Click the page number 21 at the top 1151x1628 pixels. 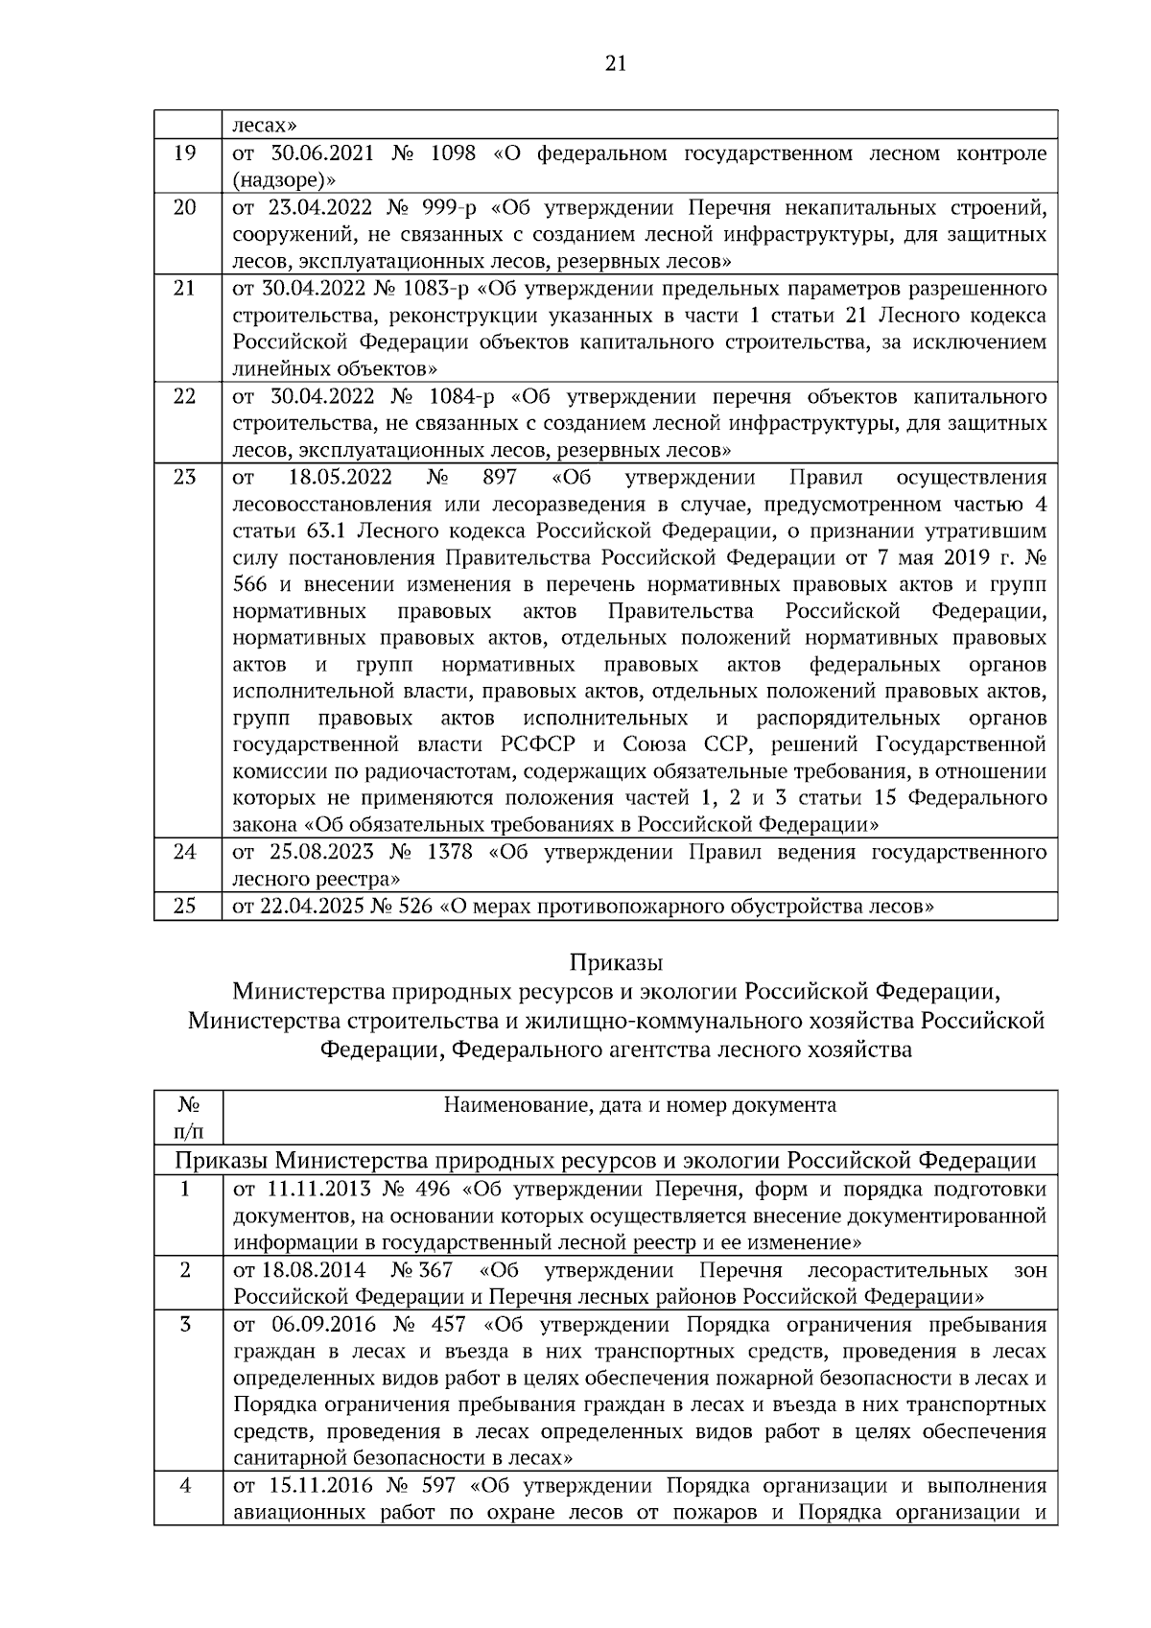pos(616,64)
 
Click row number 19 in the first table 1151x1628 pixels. pos(185,154)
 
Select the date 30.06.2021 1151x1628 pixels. pos(321,154)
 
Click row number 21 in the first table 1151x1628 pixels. pos(185,289)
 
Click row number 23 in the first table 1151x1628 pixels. pos(185,477)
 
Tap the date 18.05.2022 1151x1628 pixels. pos(335,477)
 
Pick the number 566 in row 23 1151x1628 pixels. pos(249,584)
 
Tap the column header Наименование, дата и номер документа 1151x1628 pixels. pos(640,1105)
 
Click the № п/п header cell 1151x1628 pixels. pos(188,1118)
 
